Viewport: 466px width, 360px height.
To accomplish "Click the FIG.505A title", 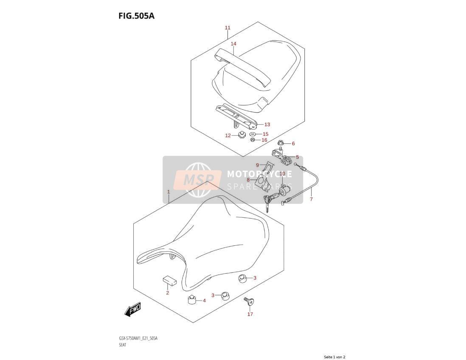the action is point(136,16).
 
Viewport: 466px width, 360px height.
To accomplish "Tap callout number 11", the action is point(227,28).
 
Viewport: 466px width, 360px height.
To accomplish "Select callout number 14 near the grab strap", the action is point(233,44).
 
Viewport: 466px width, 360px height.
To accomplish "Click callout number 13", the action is point(267,124).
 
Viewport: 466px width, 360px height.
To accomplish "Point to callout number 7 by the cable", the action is point(311,199).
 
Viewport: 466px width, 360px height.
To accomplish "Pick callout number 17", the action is point(250,314).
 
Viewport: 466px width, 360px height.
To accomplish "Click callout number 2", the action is point(167,293).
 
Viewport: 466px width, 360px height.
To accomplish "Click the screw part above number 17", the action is point(249,301).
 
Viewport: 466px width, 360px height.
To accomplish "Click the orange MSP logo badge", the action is point(197,180).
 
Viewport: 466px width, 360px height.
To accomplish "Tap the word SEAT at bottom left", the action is point(123,345).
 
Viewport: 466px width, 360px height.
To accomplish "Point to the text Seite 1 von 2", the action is point(334,357).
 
